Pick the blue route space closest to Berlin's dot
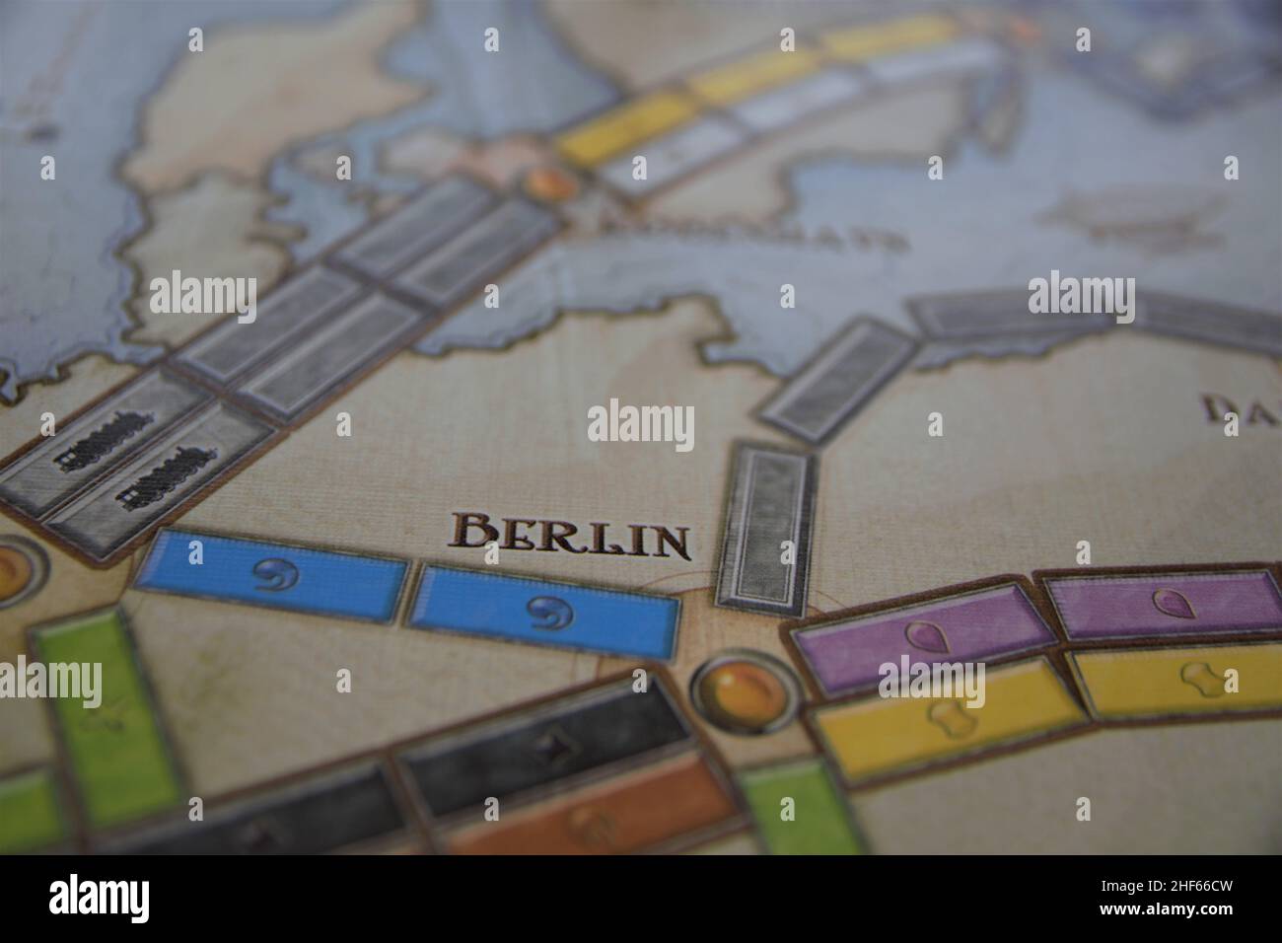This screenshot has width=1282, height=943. tap(544, 611)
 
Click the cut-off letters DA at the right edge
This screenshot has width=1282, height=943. tap(1245, 408)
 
